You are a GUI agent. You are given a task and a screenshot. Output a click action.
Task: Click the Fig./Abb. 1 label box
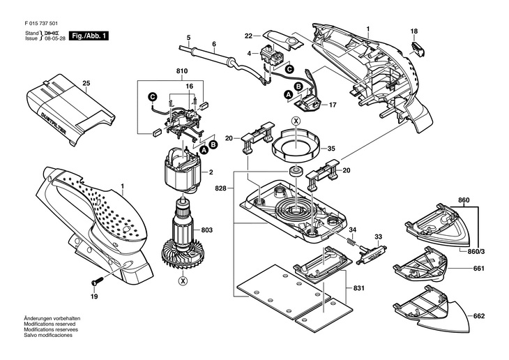[x=90, y=35]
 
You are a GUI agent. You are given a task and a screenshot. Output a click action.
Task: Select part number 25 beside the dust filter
[x=86, y=84]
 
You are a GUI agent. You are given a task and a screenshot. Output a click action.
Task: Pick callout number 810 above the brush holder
[x=183, y=71]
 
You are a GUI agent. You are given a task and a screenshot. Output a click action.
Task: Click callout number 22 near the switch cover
[x=249, y=35]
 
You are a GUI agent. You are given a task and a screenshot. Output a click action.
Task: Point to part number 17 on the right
[x=333, y=105]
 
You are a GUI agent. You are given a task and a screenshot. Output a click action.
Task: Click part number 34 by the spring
[x=353, y=230]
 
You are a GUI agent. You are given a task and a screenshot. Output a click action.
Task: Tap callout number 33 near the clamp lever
[x=379, y=237]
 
